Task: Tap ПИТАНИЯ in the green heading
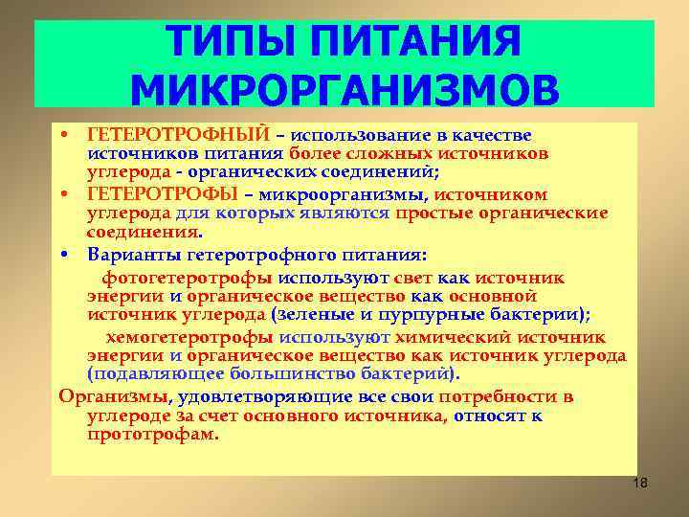(420, 40)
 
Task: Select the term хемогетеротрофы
(190, 337)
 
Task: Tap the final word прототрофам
(152, 433)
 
